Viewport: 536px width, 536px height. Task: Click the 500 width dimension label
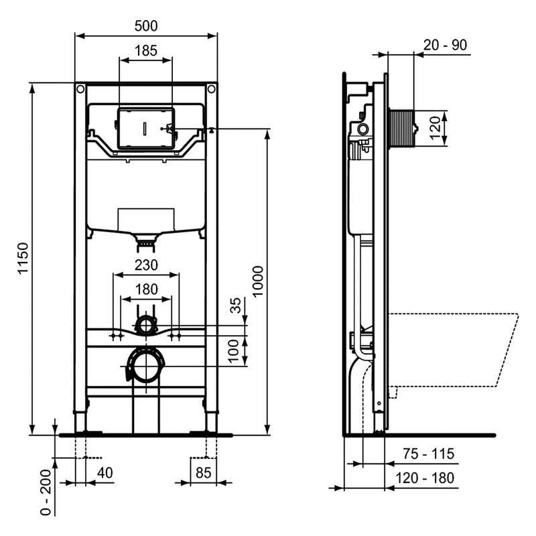click(145, 25)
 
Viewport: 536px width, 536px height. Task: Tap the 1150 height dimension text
click(23, 259)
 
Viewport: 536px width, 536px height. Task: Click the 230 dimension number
click(145, 265)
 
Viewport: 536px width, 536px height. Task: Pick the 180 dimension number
click(145, 289)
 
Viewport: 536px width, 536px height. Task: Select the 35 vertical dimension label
click(234, 306)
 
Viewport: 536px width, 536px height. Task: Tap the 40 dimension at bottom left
click(105, 472)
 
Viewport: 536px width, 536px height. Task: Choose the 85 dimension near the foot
click(204, 472)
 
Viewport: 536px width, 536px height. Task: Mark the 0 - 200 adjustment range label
click(45, 492)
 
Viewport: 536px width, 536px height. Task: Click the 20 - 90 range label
click(446, 45)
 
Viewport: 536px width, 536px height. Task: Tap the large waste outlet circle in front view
click(145, 366)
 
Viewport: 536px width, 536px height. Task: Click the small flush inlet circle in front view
click(145, 326)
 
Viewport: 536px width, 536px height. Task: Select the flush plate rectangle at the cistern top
click(145, 127)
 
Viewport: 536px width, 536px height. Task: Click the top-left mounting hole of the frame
click(80, 88)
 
